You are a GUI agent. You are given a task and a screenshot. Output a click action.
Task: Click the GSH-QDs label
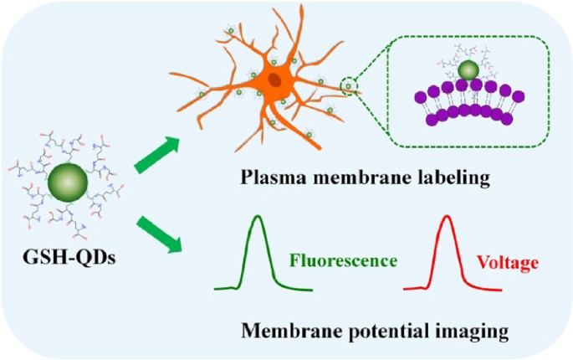[69, 257]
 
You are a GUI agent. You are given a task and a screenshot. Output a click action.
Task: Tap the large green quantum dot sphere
[68, 183]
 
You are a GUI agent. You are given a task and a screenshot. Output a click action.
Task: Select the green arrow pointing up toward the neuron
[156, 155]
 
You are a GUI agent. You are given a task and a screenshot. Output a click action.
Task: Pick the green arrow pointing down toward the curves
[159, 234]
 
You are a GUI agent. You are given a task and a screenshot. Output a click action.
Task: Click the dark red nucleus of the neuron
[274, 80]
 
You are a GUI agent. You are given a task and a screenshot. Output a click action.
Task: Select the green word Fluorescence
[343, 261]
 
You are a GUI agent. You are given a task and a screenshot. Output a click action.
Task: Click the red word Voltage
[508, 262]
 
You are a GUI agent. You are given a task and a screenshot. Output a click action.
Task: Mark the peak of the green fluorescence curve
[258, 215]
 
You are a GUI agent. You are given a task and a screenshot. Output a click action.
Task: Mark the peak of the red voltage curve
[447, 215]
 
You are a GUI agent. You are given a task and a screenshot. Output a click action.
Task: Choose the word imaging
[474, 332]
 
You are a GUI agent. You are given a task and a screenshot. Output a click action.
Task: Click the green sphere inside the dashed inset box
[468, 70]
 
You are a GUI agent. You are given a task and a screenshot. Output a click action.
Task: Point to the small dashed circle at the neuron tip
[349, 86]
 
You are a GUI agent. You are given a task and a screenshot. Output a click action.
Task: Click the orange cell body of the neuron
[275, 81]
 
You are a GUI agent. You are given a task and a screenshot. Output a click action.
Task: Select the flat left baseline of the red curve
[414, 289]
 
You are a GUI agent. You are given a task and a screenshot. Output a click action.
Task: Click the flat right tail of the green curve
[296, 288]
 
